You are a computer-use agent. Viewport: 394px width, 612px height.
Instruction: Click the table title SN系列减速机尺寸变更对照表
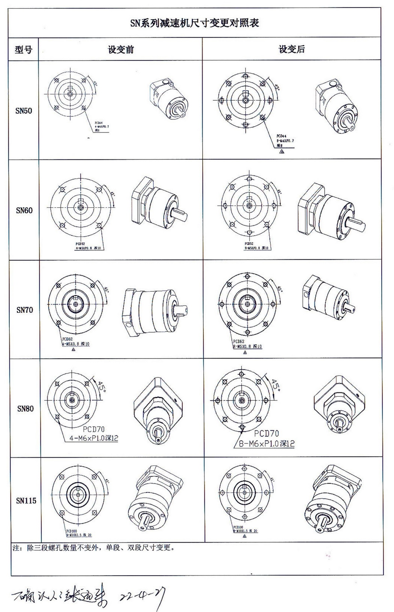[x=194, y=23]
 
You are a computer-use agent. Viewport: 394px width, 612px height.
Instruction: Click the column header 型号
[x=24, y=50]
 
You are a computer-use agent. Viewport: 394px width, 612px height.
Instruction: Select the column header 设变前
[x=121, y=50]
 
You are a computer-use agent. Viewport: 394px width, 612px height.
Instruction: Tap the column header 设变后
[x=292, y=49]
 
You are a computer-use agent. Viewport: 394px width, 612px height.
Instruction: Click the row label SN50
[x=24, y=111]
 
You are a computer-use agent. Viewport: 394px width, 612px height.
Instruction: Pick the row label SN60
[x=24, y=210]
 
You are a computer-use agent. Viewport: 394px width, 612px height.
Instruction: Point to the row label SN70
[x=24, y=310]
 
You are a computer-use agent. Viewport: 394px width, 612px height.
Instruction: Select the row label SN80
[x=25, y=409]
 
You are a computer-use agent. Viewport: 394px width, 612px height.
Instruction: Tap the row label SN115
[x=26, y=500]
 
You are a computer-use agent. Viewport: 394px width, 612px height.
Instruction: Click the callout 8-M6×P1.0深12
[x=267, y=443]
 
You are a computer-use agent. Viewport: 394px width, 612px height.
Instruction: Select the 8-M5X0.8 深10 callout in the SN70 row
[x=247, y=347]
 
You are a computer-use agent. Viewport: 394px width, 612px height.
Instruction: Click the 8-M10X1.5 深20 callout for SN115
[x=245, y=531]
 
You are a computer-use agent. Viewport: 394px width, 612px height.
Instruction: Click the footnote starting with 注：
[x=94, y=547]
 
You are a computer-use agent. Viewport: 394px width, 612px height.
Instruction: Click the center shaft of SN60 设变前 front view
[x=80, y=207]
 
